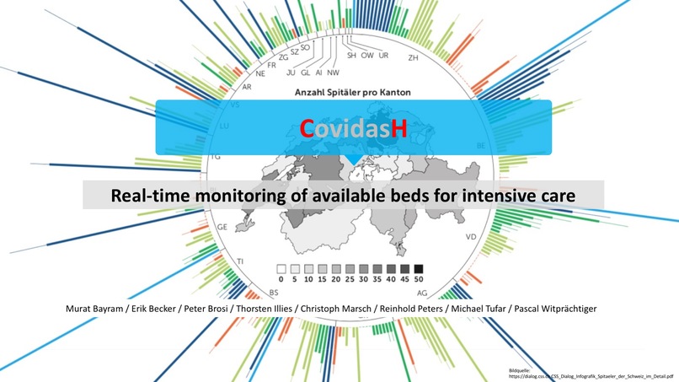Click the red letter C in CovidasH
point(307,127)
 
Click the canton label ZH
point(413,58)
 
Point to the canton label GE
point(223,228)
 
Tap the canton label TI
point(241,262)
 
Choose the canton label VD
point(470,237)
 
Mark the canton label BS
point(274,292)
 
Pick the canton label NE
point(260,74)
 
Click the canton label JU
point(281,73)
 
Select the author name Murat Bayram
point(94,309)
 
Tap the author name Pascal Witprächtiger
point(559,309)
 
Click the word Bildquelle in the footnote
point(522,370)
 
